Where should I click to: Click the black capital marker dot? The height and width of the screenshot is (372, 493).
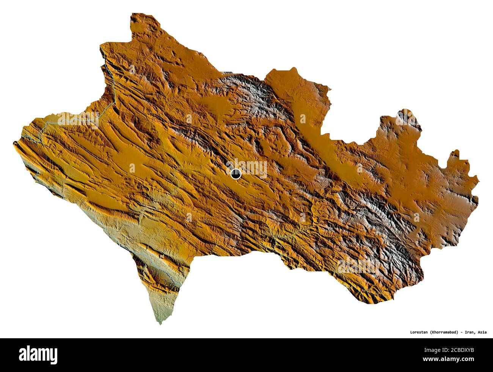(x=236, y=174)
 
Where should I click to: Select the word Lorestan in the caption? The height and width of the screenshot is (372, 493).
(x=419, y=332)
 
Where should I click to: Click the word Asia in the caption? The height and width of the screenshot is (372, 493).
(x=482, y=332)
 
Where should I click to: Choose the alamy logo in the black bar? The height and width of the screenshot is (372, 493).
(x=38, y=354)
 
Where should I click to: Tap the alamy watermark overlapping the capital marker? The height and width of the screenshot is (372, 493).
(x=248, y=169)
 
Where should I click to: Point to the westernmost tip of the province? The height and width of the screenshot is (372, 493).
(x=14, y=142)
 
